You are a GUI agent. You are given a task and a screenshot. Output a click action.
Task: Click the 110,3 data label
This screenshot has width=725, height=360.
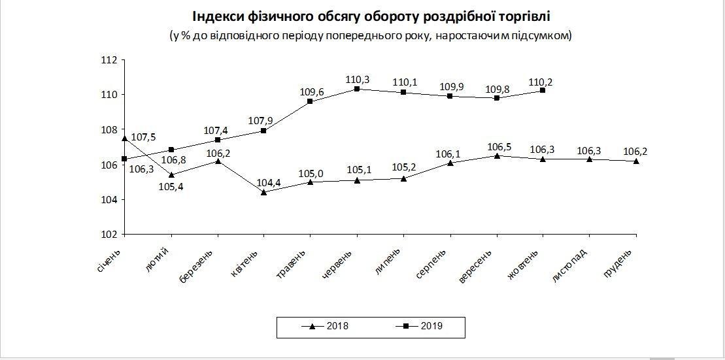(x=358, y=80)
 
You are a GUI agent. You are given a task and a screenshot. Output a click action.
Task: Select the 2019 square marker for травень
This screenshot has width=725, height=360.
(x=310, y=101)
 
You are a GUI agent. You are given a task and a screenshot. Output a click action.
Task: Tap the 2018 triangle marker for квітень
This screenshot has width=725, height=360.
(x=263, y=192)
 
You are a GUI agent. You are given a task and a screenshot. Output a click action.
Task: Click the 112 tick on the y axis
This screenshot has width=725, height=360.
(x=109, y=60)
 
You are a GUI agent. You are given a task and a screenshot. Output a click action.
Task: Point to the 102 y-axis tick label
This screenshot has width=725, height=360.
(x=109, y=234)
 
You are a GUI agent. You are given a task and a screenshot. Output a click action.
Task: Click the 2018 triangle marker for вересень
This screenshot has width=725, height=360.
(x=497, y=155)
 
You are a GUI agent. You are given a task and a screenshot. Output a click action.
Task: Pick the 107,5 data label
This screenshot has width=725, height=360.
(x=143, y=138)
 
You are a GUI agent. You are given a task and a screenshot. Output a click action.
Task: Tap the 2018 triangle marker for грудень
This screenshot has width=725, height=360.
(x=637, y=161)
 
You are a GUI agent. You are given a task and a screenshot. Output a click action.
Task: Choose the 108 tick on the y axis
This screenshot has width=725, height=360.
(x=109, y=129)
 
